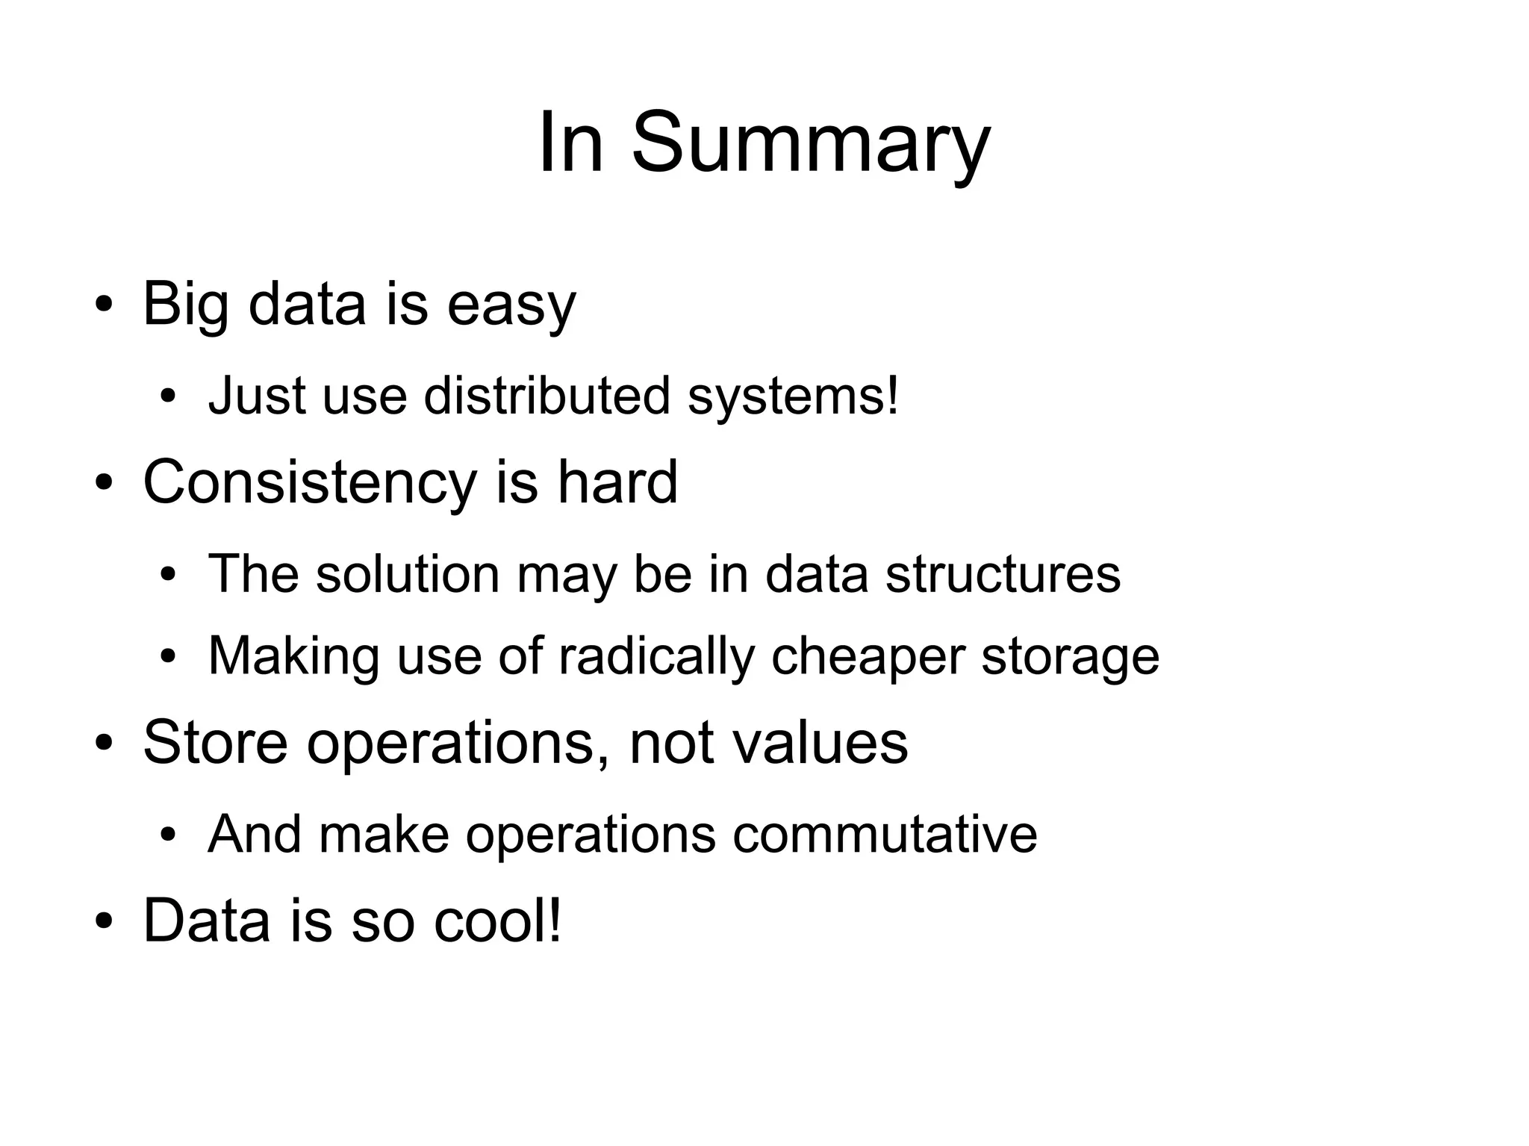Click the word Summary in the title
point(811,143)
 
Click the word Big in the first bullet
point(185,305)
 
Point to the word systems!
point(793,396)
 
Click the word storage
point(1070,658)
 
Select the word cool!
point(498,920)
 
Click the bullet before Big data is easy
point(104,305)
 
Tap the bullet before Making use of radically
point(167,657)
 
